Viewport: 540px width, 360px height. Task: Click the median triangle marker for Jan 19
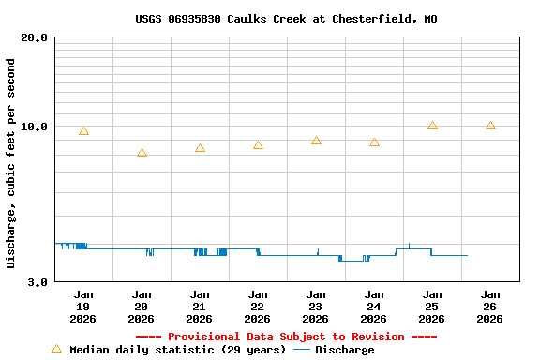(x=83, y=131)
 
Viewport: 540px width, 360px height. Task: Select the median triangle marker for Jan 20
(x=142, y=153)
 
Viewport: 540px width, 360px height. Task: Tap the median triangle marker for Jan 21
(x=200, y=148)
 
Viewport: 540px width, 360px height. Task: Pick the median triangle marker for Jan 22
(x=258, y=145)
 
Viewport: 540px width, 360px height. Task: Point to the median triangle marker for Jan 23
(x=316, y=141)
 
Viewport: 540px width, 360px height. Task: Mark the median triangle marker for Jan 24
(x=374, y=142)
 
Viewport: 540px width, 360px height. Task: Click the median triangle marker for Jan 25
(x=432, y=126)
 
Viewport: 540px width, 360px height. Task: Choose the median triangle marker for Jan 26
(x=490, y=126)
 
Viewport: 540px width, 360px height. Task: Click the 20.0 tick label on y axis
(x=35, y=37)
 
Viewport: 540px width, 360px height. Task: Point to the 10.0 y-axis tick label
(x=35, y=127)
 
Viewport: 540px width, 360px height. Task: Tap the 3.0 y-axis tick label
(x=38, y=281)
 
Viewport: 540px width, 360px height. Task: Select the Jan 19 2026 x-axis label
(x=83, y=307)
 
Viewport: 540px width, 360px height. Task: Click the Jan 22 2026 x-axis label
(x=258, y=307)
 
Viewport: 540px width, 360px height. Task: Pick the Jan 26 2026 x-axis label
(x=490, y=307)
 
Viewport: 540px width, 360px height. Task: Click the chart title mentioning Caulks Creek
(x=286, y=19)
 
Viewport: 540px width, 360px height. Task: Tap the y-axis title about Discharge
(x=11, y=163)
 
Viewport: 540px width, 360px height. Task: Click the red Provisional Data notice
(x=286, y=337)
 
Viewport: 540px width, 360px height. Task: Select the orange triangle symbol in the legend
(x=56, y=349)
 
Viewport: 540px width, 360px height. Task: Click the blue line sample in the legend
(x=302, y=350)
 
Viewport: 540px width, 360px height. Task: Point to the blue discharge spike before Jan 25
(x=409, y=246)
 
